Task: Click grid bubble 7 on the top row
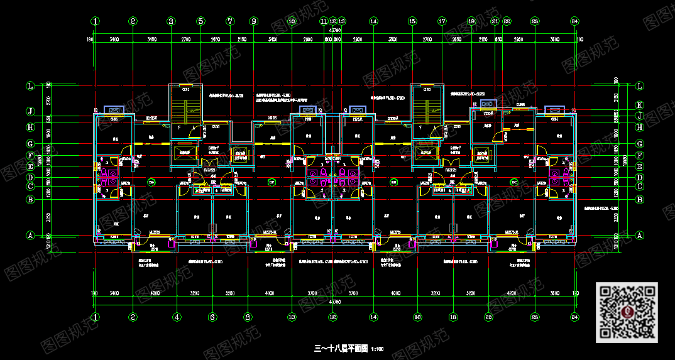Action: [230, 21]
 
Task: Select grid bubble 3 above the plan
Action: [170, 21]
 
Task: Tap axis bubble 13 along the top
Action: [341, 21]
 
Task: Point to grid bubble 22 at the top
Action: [507, 21]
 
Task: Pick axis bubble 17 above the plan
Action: [442, 21]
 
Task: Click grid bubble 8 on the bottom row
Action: [248, 317]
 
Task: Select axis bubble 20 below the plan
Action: [488, 317]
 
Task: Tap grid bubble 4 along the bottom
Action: [177, 317]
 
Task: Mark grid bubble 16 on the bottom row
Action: [416, 317]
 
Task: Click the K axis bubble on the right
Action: [640, 105]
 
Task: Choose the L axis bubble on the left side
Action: [30, 85]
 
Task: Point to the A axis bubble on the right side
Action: [640, 236]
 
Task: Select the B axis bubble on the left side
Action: [30, 200]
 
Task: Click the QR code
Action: [626, 312]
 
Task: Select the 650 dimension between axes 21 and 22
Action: [499, 40]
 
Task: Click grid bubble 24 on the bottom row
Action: [574, 317]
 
